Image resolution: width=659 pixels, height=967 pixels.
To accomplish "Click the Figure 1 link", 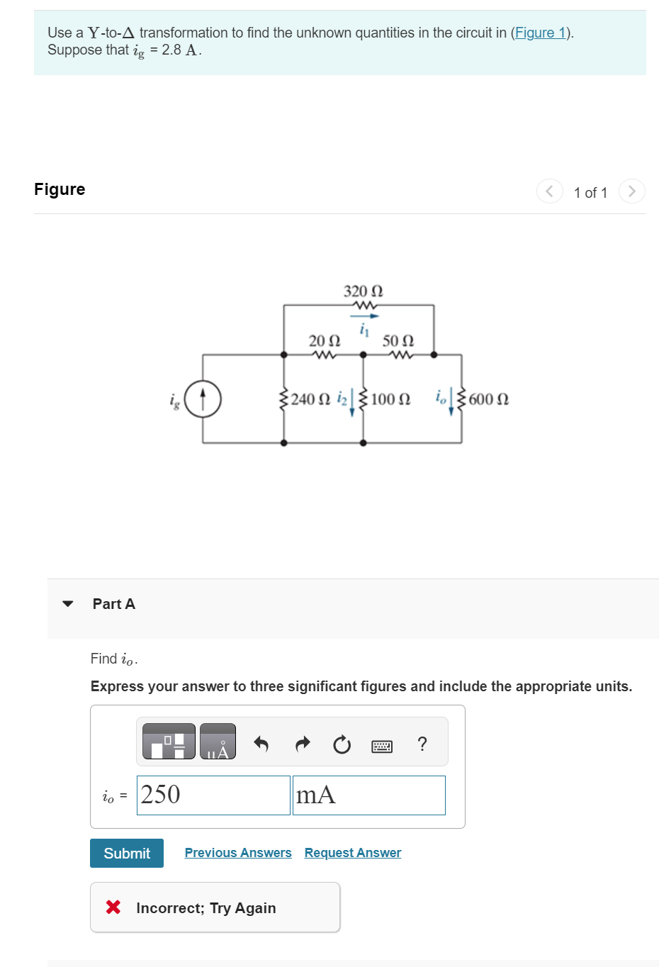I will pyautogui.click(x=540, y=33).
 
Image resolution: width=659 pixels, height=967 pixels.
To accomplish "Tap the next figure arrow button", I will pyautogui.click(x=631, y=191).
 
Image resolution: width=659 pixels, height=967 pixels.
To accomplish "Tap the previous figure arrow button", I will pyautogui.click(x=550, y=191).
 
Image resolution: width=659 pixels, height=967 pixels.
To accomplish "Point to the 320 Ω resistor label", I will pyautogui.click(x=363, y=291).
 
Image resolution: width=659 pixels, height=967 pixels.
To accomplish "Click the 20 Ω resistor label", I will pyautogui.click(x=324, y=341).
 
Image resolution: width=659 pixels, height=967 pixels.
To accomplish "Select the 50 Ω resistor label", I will pyautogui.click(x=398, y=341).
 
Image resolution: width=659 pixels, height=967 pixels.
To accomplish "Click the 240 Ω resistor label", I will pyautogui.click(x=310, y=399).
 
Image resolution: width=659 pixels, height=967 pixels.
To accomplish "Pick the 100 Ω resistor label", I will pyautogui.click(x=390, y=399).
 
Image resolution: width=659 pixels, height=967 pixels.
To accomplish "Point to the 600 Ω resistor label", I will pyautogui.click(x=488, y=399).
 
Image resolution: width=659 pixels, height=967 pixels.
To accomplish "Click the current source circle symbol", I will pyautogui.click(x=203, y=398).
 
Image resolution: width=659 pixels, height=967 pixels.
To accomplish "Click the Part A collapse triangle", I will pyautogui.click(x=68, y=604).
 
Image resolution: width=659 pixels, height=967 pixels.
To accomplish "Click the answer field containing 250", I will pyautogui.click(x=213, y=795).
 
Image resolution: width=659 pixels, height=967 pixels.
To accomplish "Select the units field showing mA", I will pyautogui.click(x=368, y=795).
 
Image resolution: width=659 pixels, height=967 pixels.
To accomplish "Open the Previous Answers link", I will pyautogui.click(x=238, y=853).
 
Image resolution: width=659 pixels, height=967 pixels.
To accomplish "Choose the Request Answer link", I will pyautogui.click(x=353, y=853).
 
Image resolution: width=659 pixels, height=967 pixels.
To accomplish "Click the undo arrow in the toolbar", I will pyautogui.click(x=261, y=744).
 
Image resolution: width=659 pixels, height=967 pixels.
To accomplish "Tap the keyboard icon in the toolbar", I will pyautogui.click(x=382, y=746).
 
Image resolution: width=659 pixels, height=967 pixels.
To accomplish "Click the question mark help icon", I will pyautogui.click(x=422, y=744).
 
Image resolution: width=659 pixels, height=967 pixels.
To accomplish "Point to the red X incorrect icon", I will pyautogui.click(x=113, y=907).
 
